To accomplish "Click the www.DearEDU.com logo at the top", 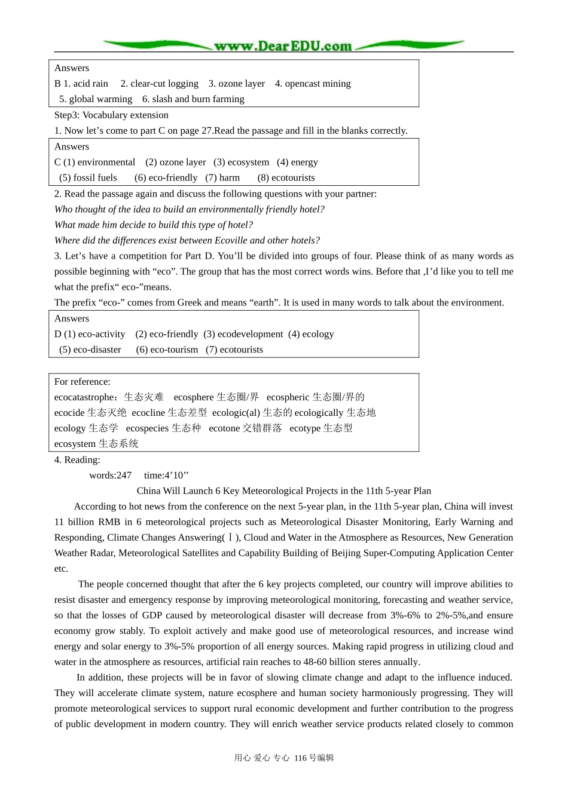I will tap(283, 46).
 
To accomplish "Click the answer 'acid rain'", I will tap(90, 84).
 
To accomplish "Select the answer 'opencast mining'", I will tap(317, 84).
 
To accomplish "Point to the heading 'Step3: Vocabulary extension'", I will tap(111, 115).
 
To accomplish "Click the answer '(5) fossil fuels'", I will tap(88, 178).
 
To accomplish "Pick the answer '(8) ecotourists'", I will tap(286, 178).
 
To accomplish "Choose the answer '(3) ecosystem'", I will tap(241, 163).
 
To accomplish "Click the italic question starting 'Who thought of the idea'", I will tap(189, 210).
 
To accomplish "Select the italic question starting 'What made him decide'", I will tap(153, 225).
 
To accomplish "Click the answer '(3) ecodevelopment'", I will tap(243, 335).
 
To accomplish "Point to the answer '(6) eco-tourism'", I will tap(167, 350).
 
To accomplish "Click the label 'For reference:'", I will tap(83, 382).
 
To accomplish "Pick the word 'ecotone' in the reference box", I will tap(224, 428).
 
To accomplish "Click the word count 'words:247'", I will tap(110, 476).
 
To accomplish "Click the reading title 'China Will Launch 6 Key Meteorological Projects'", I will tap(283, 491).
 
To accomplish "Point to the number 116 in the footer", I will tap(300, 758).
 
